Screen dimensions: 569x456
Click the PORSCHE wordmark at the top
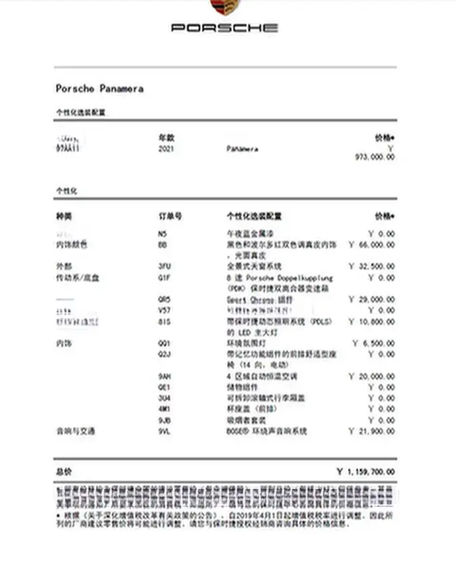[x=224, y=28]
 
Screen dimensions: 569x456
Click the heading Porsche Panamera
[x=99, y=89]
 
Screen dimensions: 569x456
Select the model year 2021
[x=166, y=149]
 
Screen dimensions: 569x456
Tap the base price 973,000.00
[x=375, y=157]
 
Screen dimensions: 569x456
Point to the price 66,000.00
[x=375, y=245]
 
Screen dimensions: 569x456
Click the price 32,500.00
[x=375, y=266]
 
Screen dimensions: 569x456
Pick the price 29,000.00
[x=375, y=299]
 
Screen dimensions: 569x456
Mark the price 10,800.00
[x=375, y=322]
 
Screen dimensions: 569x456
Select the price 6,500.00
[x=378, y=343]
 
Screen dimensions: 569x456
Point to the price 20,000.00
[x=375, y=376]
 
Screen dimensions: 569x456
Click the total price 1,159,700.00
[x=370, y=472]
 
